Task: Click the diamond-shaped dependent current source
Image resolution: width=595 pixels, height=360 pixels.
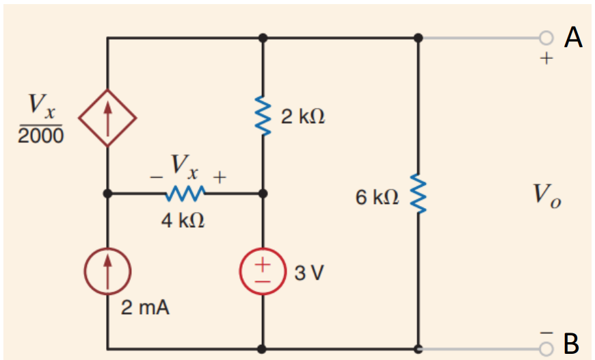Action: coord(107,117)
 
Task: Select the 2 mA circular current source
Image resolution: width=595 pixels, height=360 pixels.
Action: coord(107,272)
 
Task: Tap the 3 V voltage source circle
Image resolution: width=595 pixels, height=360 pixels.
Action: coord(263,272)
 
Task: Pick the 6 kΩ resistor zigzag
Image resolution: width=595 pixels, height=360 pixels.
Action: coord(419,194)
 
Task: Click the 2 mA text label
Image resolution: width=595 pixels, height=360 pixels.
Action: coord(145,308)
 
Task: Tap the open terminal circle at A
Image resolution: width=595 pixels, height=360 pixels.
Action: coord(545,37)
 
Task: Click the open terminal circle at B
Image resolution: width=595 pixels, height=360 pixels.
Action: coord(545,348)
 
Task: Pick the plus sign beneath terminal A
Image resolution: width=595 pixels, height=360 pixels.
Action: coord(545,59)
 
